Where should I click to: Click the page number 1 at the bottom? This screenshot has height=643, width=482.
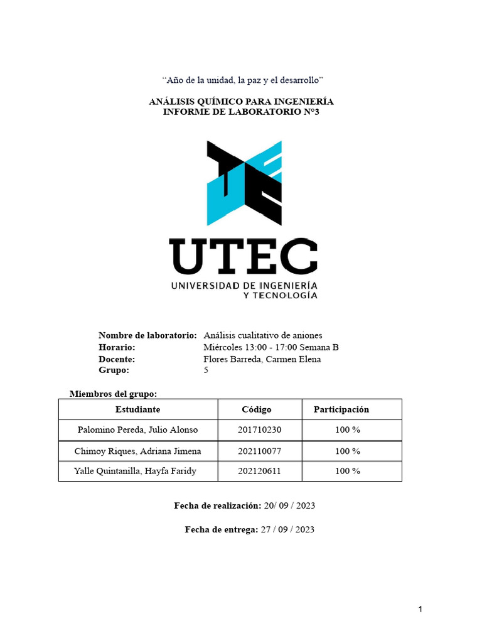420,609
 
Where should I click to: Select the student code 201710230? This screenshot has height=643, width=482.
259,430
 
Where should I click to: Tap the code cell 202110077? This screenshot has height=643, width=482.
259,451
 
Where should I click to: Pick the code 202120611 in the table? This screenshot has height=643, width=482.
259,471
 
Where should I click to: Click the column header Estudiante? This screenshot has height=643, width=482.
137,409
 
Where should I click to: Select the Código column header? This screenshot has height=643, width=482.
257,409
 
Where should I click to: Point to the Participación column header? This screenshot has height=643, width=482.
341,409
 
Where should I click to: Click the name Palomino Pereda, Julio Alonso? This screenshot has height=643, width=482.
137,430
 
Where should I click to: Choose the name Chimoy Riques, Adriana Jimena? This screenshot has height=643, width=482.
137,451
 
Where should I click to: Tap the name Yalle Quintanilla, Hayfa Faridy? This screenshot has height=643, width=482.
135,471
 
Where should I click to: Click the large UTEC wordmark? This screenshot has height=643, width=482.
244,257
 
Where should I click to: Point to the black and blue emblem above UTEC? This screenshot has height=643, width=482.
244,182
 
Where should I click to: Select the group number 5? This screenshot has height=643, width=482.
206,370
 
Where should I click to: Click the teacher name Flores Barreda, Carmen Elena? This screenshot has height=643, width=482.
262,359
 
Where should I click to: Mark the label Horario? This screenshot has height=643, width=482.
117,347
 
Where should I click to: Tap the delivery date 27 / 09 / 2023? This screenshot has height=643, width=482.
287,529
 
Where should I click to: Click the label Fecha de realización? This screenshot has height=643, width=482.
217,505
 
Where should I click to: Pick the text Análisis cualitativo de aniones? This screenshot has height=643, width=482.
263,335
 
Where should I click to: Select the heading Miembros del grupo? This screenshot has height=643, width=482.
113,394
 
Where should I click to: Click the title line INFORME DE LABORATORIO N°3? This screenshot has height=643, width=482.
241,112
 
